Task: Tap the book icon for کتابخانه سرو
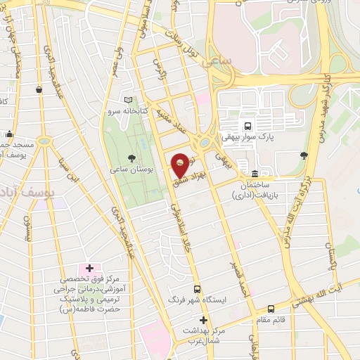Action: (127, 100)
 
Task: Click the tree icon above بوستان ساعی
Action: (132, 158)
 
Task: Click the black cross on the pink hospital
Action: (89, 268)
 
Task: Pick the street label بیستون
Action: (29, 229)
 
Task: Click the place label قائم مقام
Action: (272, 319)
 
